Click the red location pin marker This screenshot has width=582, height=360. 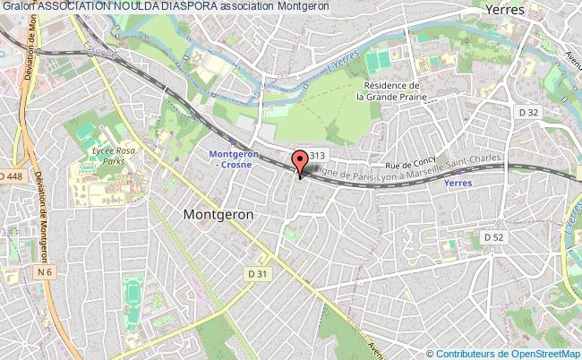[x=300, y=163]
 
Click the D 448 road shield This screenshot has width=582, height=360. [x=12, y=175]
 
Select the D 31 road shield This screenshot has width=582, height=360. [x=258, y=273]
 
